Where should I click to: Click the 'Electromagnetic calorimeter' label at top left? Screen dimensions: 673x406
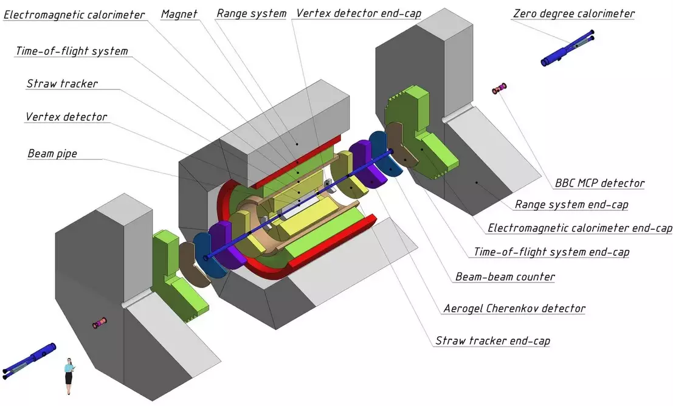pyautogui.click(x=74, y=15)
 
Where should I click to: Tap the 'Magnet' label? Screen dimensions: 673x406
pyautogui.click(x=179, y=14)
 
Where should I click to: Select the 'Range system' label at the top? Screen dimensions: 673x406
pyautogui.click(x=251, y=14)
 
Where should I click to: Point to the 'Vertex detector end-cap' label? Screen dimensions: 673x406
pyautogui.click(x=359, y=14)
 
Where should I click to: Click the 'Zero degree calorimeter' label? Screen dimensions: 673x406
pyautogui.click(x=574, y=14)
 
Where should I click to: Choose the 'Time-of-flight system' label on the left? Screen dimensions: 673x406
pyautogui.click(x=72, y=51)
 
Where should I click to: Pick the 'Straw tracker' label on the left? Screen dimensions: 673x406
pyautogui.click(x=62, y=83)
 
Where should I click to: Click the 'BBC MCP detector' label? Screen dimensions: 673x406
pyautogui.click(x=599, y=184)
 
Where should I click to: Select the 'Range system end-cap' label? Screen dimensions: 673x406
pyautogui.click(x=571, y=205)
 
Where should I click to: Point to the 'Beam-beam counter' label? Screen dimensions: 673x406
pyautogui.click(x=505, y=277)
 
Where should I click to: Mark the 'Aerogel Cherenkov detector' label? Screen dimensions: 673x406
pyautogui.click(x=514, y=309)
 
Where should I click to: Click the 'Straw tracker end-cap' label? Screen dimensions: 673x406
pyautogui.click(x=492, y=341)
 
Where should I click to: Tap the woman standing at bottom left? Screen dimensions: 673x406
pyautogui.click(x=69, y=376)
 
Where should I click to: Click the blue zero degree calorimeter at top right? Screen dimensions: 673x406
pyautogui.click(x=567, y=47)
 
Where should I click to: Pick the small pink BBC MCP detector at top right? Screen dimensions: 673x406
pyautogui.click(x=499, y=89)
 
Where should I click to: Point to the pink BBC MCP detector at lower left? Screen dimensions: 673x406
pyautogui.click(x=100, y=323)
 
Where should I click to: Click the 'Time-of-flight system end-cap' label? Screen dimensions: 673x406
pyautogui.click(x=551, y=252)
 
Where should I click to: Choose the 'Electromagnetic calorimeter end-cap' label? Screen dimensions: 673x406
pyautogui.click(x=580, y=228)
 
